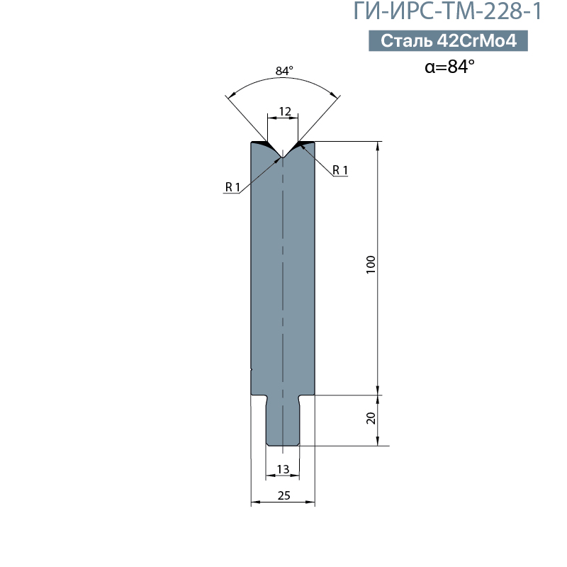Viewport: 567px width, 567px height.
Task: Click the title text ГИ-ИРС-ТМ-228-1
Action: point(447,11)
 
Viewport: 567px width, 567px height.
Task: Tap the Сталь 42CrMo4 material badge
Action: point(448,40)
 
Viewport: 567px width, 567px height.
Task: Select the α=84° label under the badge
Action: point(449,67)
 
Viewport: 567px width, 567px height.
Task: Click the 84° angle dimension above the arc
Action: point(284,70)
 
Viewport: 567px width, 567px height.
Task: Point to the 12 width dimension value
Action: point(285,111)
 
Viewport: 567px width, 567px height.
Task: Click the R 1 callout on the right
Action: point(340,169)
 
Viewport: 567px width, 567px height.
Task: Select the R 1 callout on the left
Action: point(232,187)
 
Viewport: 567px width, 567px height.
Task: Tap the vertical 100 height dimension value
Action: point(371,264)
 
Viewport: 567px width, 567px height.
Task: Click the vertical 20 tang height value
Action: point(371,418)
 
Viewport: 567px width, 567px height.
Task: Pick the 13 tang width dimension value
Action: point(283,469)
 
